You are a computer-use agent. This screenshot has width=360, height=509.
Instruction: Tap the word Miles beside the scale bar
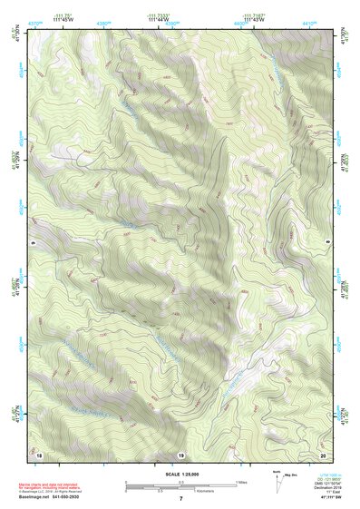[241, 481]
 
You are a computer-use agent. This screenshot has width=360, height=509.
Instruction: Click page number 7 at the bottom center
[180, 499]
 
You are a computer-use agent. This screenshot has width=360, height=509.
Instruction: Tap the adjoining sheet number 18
[39, 452]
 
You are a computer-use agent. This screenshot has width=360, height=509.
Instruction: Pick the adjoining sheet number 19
[180, 453]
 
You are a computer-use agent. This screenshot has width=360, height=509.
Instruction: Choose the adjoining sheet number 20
[322, 452]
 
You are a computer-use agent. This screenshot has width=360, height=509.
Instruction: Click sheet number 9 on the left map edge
[32, 242]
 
